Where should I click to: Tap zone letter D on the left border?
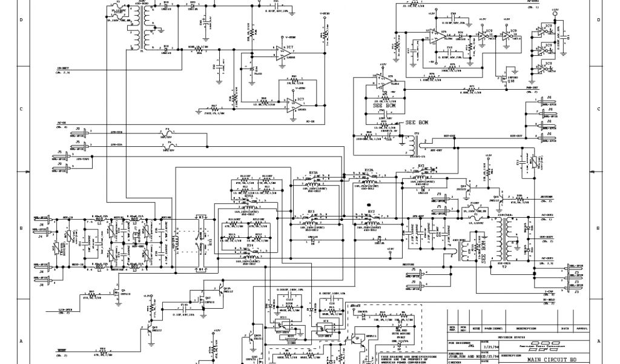click(21, 20)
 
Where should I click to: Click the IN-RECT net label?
click(63, 68)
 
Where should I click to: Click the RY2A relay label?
click(369, 170)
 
